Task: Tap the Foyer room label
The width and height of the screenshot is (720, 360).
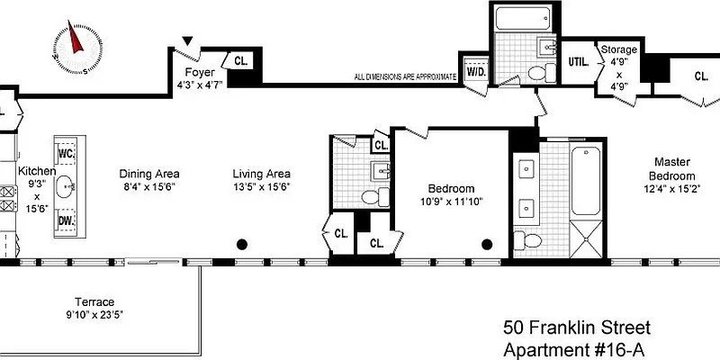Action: [x=199, y=73]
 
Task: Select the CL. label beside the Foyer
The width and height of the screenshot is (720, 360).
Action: [x=242, y=61]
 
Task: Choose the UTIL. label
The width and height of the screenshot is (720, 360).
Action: [x=579, y=61]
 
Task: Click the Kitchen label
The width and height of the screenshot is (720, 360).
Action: [x=38, y=171]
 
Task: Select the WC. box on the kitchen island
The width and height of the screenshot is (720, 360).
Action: [x=66, y=153]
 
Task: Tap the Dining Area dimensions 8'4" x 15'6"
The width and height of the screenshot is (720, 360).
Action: [x=149, y=187]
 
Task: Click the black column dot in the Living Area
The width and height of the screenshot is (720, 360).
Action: [x=242, y=244]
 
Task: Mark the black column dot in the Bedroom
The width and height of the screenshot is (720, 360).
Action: [x=488, y=244]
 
